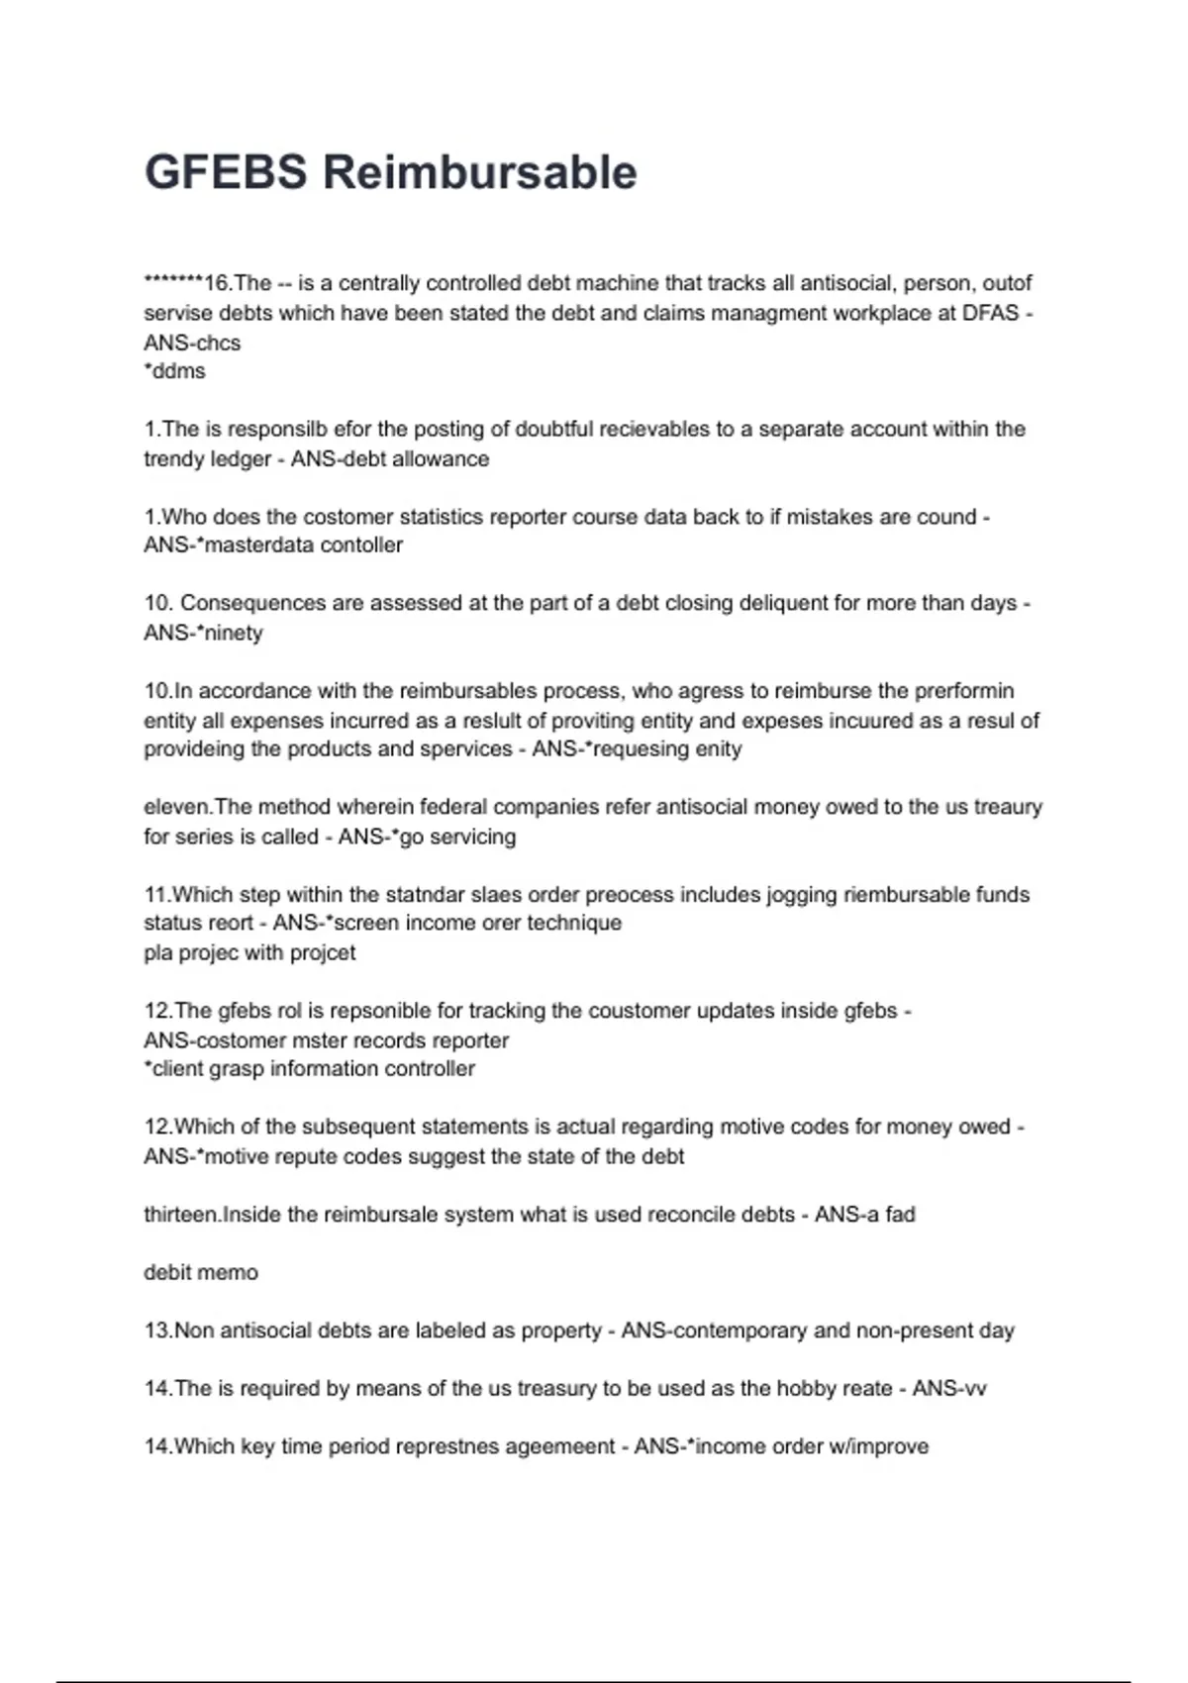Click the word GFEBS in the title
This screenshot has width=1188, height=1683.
pyautogui.click(x=226, y=172)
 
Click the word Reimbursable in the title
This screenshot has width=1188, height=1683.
pyautogui.click(x=480, y=172)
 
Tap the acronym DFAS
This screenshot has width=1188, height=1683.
pyautogui.click(x=990, y=313)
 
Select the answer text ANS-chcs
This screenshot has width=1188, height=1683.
pyautogui.click(x=192, y=343)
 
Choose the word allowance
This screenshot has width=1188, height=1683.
pyautogui.click(x=441, y=458)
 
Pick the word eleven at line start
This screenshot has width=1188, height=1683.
pyautogui.click(x=175, y=807)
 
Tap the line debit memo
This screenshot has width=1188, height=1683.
pyautogui.click(x=201, y=1272)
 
